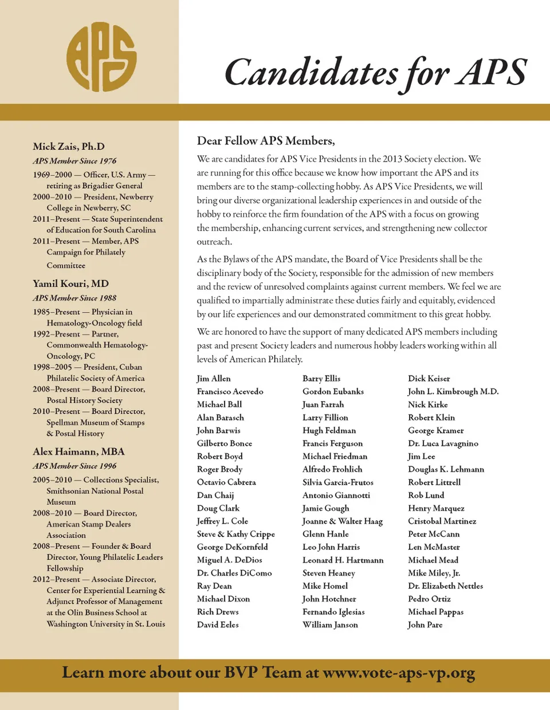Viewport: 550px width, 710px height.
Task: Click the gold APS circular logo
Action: (101, 57)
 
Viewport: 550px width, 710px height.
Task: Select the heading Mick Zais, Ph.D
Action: (69, 146)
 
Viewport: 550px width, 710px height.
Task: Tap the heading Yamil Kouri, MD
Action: (70, 283)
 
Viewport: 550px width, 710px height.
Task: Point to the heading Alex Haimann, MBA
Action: (78, 451)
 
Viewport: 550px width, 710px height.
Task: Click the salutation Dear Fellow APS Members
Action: (266, 141)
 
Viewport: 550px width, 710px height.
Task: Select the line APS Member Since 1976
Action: (74, 161)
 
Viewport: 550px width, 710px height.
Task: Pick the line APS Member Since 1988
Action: (74, 298)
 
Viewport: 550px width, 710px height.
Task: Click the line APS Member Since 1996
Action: (74, 466)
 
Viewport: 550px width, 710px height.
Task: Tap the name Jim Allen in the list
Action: (214, 379)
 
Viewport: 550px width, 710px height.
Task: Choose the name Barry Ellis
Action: (321, 379)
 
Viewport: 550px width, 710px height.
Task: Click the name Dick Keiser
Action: (429, 379)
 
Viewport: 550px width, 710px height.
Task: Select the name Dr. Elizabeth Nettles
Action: (445, 586)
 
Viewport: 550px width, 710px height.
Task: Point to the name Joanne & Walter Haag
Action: (343, 521)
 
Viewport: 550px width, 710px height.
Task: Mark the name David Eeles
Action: (218, 625)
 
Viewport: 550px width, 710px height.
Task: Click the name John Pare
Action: (425, 625)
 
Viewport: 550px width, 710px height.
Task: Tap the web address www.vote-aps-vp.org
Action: (399, 673)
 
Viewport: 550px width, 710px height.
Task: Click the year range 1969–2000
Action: (53, 174)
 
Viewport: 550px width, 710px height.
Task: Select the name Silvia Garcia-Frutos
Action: (338, 482)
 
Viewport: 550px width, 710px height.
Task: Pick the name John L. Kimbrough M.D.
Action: (453, 391)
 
